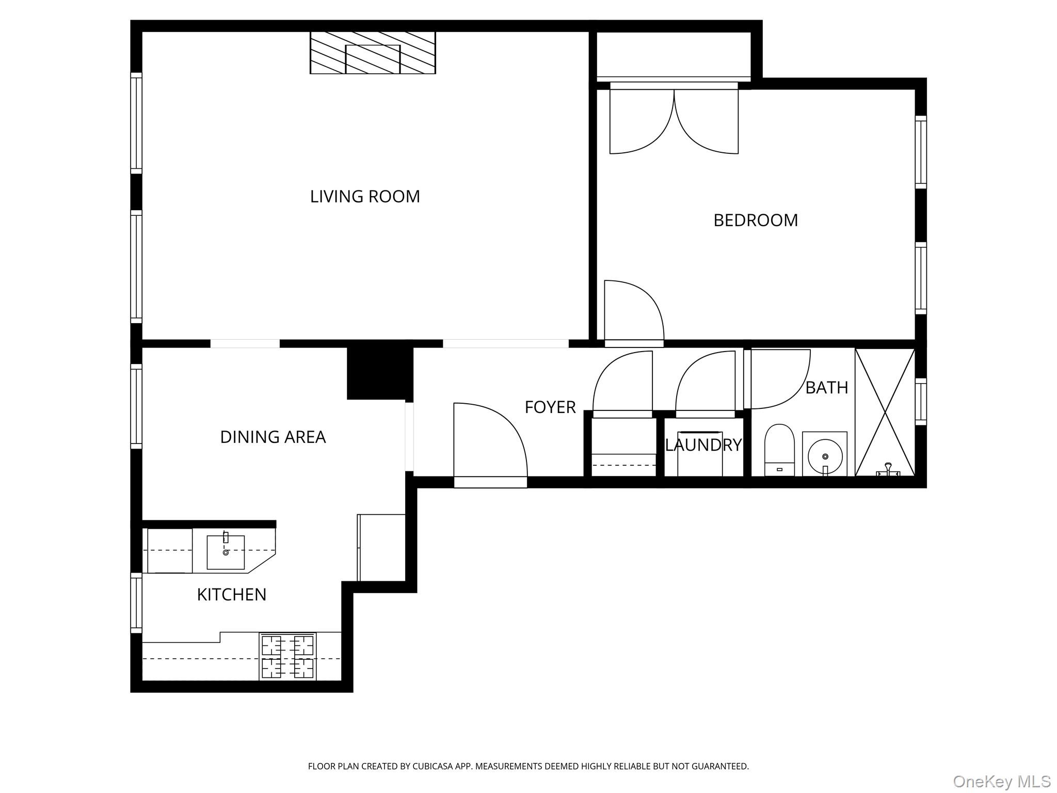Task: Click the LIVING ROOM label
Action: point(365,197)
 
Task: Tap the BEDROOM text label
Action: point(756,220)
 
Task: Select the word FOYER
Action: point(550,407)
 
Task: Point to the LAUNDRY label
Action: point(703,445)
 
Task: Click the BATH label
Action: point(826,388)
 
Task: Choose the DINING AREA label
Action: point(273,437)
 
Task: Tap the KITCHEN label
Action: point(231,595)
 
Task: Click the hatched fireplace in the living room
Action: point(373,53)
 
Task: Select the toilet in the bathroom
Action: point(779,449)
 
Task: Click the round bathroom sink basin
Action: point(825,456)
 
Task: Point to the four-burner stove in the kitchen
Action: point(287,656)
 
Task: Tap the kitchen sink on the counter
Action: point(226,552)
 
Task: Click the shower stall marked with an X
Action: point(885,412)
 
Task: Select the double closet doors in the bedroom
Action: point(674,121)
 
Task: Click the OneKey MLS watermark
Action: point(1001,781)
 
